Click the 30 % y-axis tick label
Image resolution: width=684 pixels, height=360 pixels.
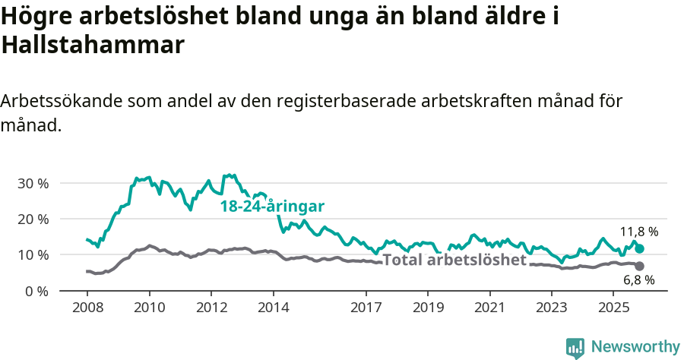(x=32, y=183)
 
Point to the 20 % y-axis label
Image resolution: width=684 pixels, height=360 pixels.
(x=32, y=219)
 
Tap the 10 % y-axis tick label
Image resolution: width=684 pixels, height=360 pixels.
(x=32, y=254)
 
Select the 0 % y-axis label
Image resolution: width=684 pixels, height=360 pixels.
(x=36, y=291)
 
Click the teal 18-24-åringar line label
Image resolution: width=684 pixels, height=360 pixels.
(x=273, y=207)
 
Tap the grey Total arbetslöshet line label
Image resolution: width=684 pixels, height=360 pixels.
(x=454, y=261)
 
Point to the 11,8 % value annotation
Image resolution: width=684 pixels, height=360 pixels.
(x=638, y=232)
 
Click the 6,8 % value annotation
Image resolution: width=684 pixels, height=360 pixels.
(x=638, y=279)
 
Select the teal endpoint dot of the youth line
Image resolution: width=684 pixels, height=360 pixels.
(x=639, y=248)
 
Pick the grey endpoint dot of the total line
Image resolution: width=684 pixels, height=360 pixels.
(x=639, y=266)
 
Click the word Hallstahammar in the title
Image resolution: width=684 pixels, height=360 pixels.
(x=93, y=46)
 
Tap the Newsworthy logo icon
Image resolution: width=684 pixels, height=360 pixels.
(x=575, y=347)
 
